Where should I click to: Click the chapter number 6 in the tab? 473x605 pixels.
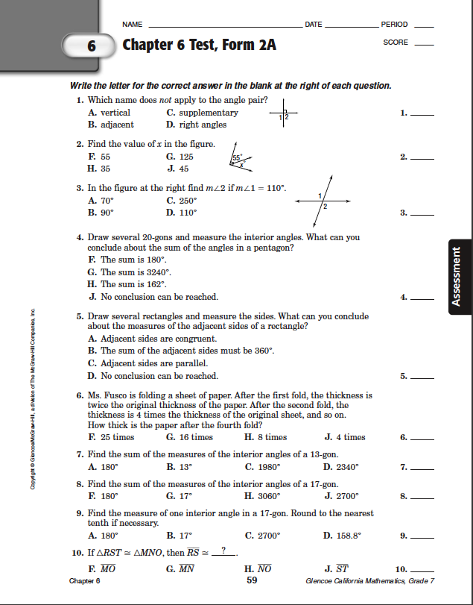click(x=92, y=46)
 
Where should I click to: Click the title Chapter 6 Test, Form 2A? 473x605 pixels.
click(x=199, y=45)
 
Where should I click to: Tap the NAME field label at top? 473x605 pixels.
click(x=133, y=25)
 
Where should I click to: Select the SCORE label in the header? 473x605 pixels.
click(x=396, y=43)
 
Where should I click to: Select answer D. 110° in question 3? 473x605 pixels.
click(x=182, y=213)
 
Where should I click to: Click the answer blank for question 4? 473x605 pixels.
click(x=422, y=298)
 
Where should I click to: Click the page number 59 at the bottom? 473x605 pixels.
click(x=252, y=580)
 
